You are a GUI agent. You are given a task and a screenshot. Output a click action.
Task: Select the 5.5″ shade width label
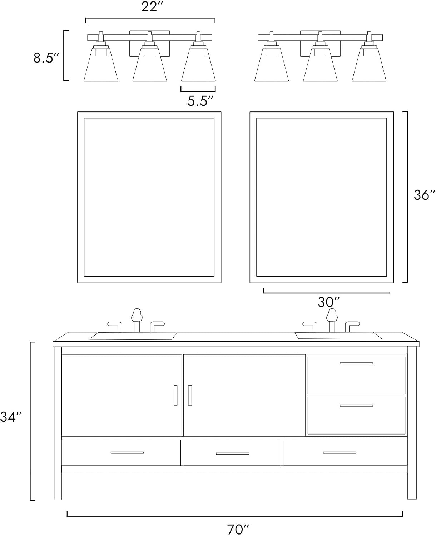click(x=200, y=101)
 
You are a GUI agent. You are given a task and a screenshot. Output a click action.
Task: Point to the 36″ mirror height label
click(x=425, y=195)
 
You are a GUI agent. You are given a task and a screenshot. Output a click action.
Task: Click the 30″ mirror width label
click(x=329, y=302)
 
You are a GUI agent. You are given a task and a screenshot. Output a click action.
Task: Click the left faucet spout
click(x=137, y=320)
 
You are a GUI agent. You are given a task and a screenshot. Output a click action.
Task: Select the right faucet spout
click(x=332, y=320)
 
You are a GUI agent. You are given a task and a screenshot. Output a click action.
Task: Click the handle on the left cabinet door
click(x=175, y=395)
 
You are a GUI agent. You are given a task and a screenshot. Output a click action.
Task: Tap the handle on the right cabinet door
click(x=190, y=395)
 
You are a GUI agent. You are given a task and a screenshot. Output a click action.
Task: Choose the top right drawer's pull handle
click(x=356, y=363)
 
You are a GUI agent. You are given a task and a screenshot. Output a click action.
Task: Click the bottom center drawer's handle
click(x=232, y=453)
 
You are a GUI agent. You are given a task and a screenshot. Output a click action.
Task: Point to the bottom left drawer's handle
click(x=127, y=452)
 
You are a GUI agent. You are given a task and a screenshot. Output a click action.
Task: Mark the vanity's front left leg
click(x=58, y=423)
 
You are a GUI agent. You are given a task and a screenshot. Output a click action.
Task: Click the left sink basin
click(x=133, y=336)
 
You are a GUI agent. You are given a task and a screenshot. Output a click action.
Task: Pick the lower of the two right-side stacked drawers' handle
click(x=356, y=406)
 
